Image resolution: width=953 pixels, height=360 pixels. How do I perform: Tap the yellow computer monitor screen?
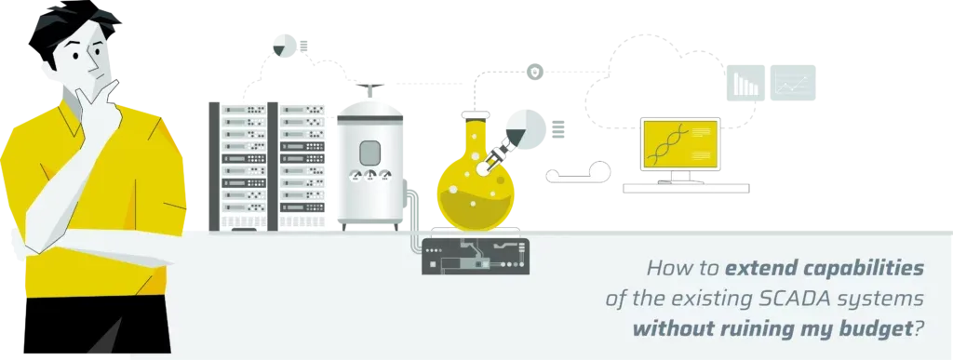(x=680, y=144)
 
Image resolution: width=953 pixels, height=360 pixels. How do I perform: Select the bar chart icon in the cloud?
(x=745, y=83)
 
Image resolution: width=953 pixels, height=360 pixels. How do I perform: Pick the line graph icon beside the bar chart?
(x=793, y=83)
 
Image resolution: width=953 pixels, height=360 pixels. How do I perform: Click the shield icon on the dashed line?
(x=534, y=73)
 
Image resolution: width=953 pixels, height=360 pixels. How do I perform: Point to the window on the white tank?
(x=369, y=153)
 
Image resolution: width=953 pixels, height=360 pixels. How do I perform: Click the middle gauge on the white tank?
(x=369, y=176)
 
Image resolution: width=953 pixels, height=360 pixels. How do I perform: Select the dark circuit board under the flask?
(x=476, y=256)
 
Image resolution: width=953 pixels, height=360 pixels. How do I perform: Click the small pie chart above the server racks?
(x=284, y=46)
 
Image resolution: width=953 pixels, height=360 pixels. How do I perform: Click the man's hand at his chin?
(x=97, y=97)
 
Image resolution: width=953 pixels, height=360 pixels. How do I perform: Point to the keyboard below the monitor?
(x=686, y=188)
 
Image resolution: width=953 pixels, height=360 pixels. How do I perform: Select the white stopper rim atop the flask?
(x=475, y=114)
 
